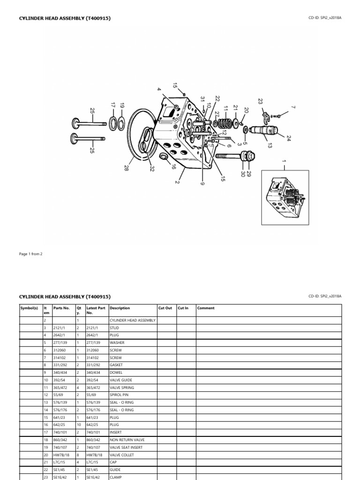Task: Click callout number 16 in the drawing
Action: click(x=173, y=166)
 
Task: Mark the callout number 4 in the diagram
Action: click(x=159, y=90)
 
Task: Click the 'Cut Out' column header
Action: click(x=165, y=308)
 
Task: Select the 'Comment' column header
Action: click(x=206, y=308)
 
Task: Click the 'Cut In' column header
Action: click(x=183, y=308)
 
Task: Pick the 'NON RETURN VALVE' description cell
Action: click(x=125, y=440)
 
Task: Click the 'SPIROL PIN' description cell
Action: click(x=119, y=395)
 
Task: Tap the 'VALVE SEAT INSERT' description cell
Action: click(x=126, y=447)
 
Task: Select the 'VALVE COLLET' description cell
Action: click(x=122, y=455)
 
